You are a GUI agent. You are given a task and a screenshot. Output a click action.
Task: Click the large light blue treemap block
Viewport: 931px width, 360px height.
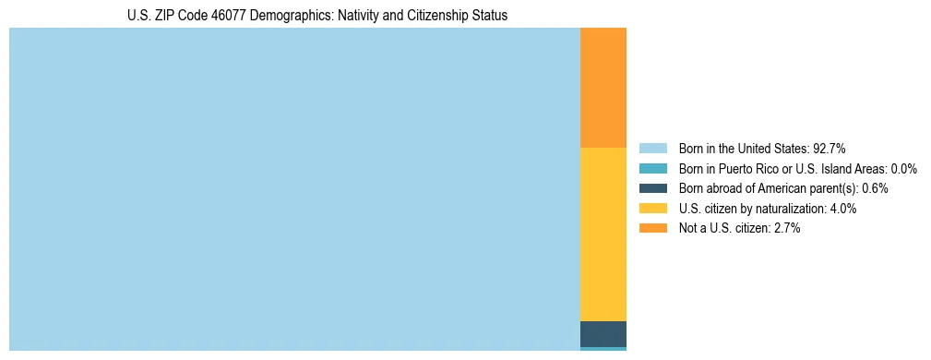(294, 189)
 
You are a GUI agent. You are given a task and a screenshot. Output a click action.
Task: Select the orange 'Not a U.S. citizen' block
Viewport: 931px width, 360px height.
(603, 88)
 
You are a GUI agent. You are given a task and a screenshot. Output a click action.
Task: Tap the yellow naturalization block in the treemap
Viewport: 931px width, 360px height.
(603, 234)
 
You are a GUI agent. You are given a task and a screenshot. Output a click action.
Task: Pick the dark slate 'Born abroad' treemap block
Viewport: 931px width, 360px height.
(603, 333)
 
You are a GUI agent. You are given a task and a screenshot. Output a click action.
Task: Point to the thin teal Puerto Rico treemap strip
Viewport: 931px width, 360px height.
(603, 349)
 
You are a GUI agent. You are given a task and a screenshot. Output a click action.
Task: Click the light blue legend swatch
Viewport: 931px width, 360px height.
(652, 149)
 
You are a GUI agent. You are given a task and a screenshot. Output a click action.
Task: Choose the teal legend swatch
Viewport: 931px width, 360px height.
(652, 169)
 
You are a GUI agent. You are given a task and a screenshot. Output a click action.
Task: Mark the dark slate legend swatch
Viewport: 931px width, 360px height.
(652, 188)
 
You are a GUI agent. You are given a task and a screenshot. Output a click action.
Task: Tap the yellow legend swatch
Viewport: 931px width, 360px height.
(652, 209)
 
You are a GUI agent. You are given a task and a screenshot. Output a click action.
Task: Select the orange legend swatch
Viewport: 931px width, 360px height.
(652, 229)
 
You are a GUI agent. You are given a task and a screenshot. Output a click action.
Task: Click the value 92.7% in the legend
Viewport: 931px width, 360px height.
(830, 149)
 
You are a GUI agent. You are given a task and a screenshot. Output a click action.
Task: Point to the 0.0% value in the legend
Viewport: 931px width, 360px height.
(904, 169)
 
